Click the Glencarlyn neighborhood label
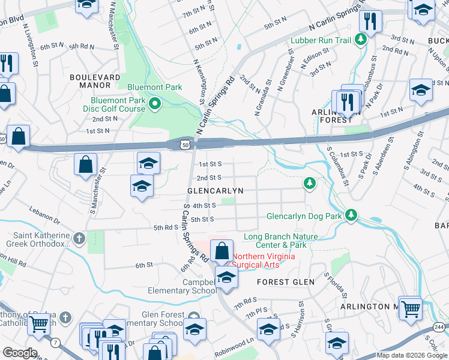pos(215,191)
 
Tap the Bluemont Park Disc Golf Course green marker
pos(155,104)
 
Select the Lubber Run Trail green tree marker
pos(361,40)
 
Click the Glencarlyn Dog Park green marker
pos(352,215)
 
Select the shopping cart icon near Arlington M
pos(411,308)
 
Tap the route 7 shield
pos(55,342)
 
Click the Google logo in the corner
pos(19,353)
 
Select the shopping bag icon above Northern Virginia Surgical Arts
pos(222,250)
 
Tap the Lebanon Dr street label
pos(49,208)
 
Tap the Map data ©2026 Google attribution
pos(412,355)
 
